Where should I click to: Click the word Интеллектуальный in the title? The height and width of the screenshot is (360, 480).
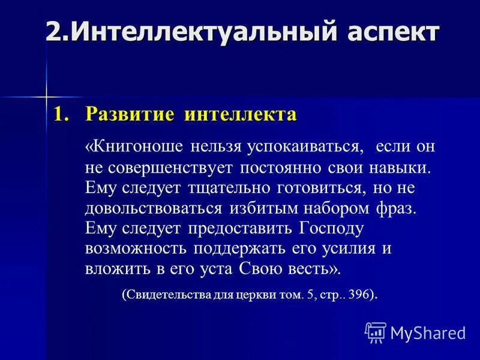click(x=197, y=31)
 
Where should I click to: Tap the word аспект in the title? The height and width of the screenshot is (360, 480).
click(x=389, y=31)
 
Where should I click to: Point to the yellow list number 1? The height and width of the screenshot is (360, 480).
click(x=60, y=114)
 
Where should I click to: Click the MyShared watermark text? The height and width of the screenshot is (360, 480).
click(x=428, y=332)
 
